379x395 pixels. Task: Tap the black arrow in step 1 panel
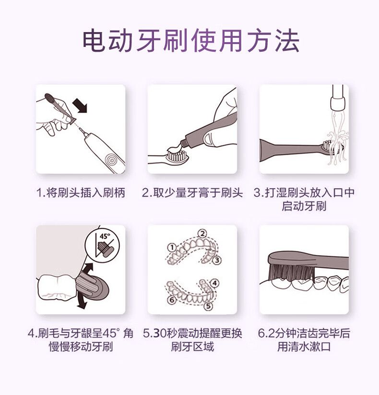[x=80, y=105]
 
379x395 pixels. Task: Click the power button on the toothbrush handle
[x=112, y=159]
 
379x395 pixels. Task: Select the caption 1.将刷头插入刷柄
[x=81, y=193]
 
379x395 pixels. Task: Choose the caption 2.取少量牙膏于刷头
[x=192, y=193]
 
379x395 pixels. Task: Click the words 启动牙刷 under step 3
[x=304, y=206]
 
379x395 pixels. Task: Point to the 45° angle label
[x=105, y=237]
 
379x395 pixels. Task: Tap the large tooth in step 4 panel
[x=57, y=288]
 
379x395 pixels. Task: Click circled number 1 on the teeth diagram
[x=172, y=248]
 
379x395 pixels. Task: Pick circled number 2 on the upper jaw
[x=202, y=234]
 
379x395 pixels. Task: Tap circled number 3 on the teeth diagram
[x=217, y=260]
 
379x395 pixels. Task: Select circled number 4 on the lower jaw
[x=214, y=283]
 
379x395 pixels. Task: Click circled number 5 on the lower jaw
[x=208, y=306]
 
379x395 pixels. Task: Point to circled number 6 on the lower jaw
[x=172, y=300]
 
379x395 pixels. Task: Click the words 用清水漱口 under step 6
[x=304, y=347]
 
